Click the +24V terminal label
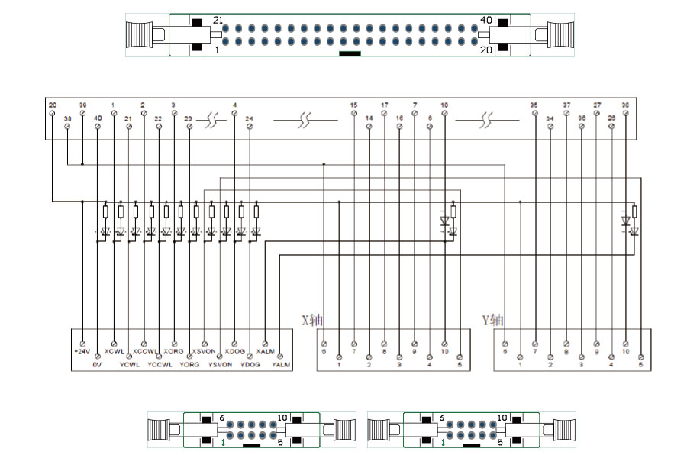(82, 352)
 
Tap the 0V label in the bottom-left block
(97, 365)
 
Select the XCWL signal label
(114, 352)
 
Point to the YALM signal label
(281, 365)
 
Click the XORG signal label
(174, 352)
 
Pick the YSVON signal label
(220, 365)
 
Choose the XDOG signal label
(234, 352)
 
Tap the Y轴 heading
(492, 319)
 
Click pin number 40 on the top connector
(486, 20)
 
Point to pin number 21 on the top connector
(218, 20)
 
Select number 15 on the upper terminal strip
(353, 105)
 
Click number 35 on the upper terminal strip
(534, 105)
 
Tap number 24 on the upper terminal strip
(249, 118)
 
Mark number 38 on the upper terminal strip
(67, 118)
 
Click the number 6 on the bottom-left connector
(221, 418)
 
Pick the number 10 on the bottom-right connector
(502, 418)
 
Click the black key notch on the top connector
(350, 54)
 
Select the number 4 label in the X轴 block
(429, 365)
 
